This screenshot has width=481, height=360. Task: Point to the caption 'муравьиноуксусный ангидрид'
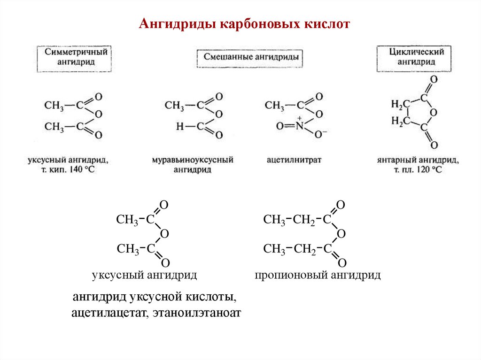pyautogui.click(x=192, y=164)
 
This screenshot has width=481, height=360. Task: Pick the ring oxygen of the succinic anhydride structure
pyautogui.click(x=434, y=112)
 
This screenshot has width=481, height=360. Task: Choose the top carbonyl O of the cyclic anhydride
pyautogui.click(x=434, y=79)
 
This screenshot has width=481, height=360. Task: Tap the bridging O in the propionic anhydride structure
pyautogui.click(x=341, y=234)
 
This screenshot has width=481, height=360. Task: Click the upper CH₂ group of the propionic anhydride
pyautogui.click(x=305, y=220)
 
